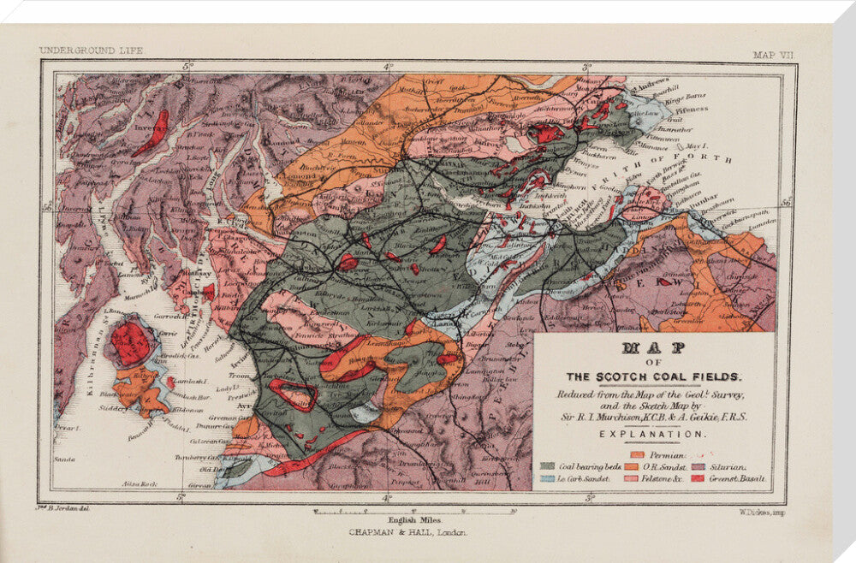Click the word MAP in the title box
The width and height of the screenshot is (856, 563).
[655, 349]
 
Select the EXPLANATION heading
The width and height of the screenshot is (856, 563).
[655, 434]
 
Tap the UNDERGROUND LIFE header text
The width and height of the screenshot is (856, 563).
[92, 50]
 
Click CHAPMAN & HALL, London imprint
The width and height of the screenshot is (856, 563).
[407, 531]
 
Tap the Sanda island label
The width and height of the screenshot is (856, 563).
[63, 459]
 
